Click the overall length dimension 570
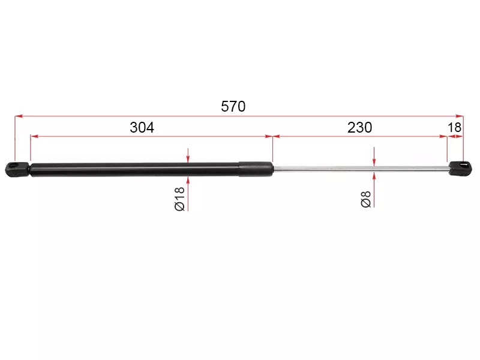point(233,107)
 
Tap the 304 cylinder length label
point(142,127)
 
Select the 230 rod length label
point(359,127)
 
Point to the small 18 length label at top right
point(454,127)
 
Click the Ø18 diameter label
point(179,199)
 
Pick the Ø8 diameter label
point(366,199)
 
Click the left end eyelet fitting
point(17,169)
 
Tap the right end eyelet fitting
point(460,168)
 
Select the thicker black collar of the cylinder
point(256,169)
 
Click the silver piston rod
point(361,168)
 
